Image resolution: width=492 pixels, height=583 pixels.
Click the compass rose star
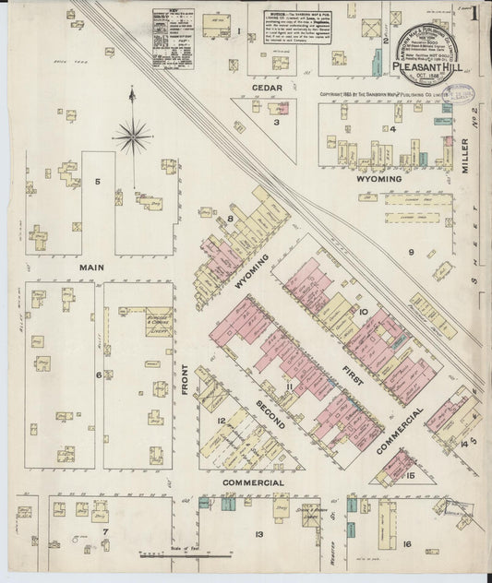pyautogui.click(x=133, y=137)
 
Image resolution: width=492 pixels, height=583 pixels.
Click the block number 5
pyautogui.click(x=97, y=182)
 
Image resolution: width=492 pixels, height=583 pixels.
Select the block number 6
pyautogui.click(x=98, y=375)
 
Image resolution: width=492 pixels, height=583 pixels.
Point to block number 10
pyautogui.click(x=364, y=312)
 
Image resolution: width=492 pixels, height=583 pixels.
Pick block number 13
pyautogui.click(x=260, y=534)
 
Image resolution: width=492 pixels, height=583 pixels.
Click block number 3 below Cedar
pyautogui.click(x=276, y=121)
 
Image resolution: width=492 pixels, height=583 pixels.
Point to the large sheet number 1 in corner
pyautogui.click(x=474, y=16)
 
